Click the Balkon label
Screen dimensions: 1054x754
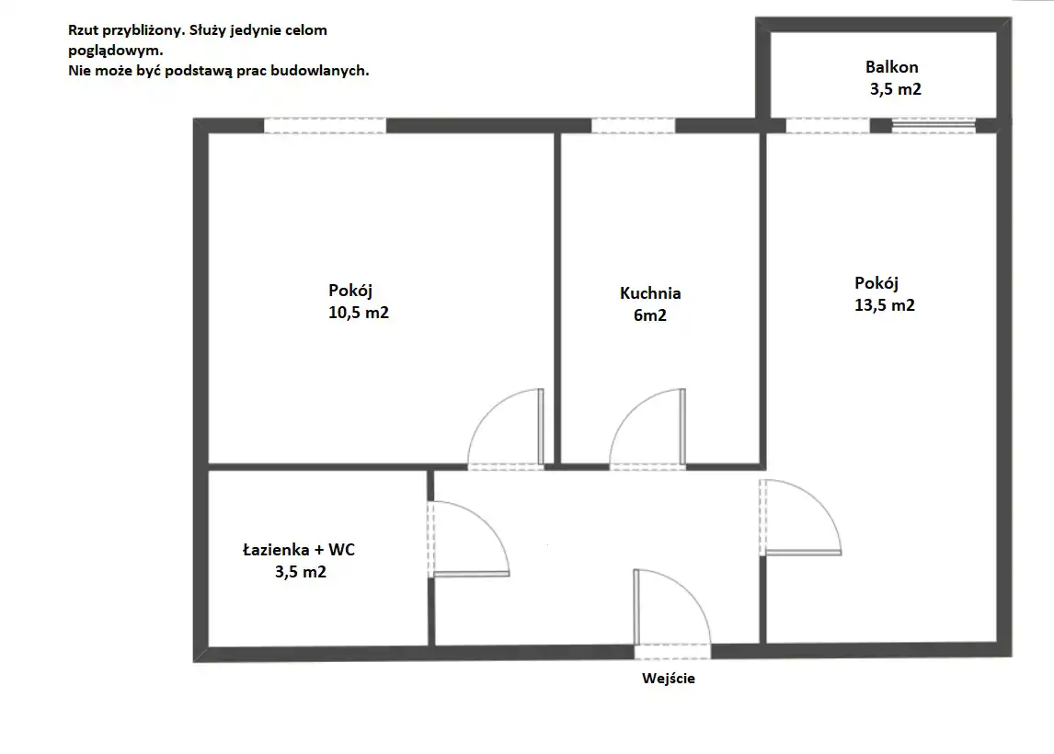tap(891, 67)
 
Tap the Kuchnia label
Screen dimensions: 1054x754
tap(650, 293)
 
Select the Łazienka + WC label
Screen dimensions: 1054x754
tap(299, 550)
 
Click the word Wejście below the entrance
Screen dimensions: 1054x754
tap(668, 678)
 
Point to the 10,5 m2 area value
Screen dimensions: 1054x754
tap(359, 313)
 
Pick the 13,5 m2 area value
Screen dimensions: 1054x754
tap(885, 305)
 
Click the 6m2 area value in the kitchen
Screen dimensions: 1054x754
tap(650, 315)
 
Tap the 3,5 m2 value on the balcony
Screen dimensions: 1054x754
tap(896, 89)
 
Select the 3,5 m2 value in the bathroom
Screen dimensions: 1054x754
tap(301, 572)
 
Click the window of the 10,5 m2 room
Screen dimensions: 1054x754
tap(325, 126)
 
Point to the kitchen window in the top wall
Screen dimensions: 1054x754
tap(633, 126)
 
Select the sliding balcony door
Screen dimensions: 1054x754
tap(934, 124)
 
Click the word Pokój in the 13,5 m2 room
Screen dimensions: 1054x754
tap(876, 283)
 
